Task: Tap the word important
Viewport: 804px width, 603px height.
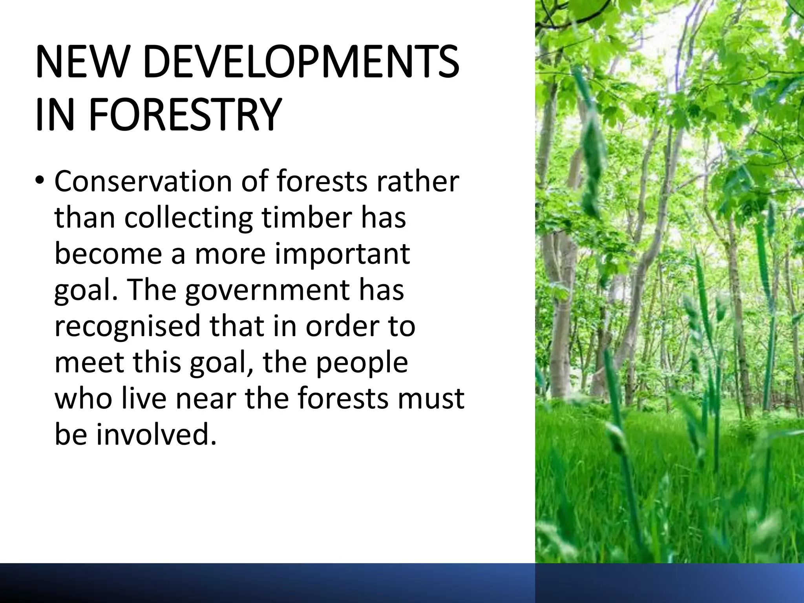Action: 342,254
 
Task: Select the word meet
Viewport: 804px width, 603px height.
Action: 89,362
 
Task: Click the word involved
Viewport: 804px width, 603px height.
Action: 157,434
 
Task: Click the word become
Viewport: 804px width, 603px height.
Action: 108,254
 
